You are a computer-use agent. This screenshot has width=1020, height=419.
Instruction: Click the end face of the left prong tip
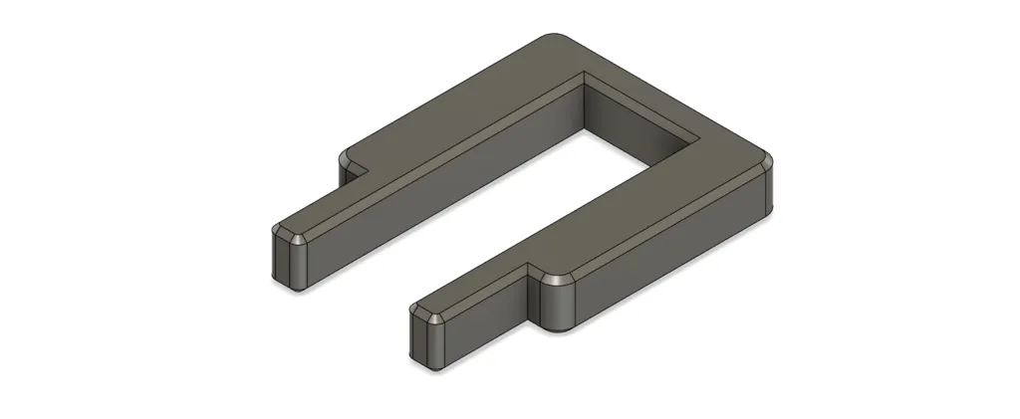[x=283, y=262]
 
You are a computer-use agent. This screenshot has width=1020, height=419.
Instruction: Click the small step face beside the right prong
[x=531, y=299]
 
